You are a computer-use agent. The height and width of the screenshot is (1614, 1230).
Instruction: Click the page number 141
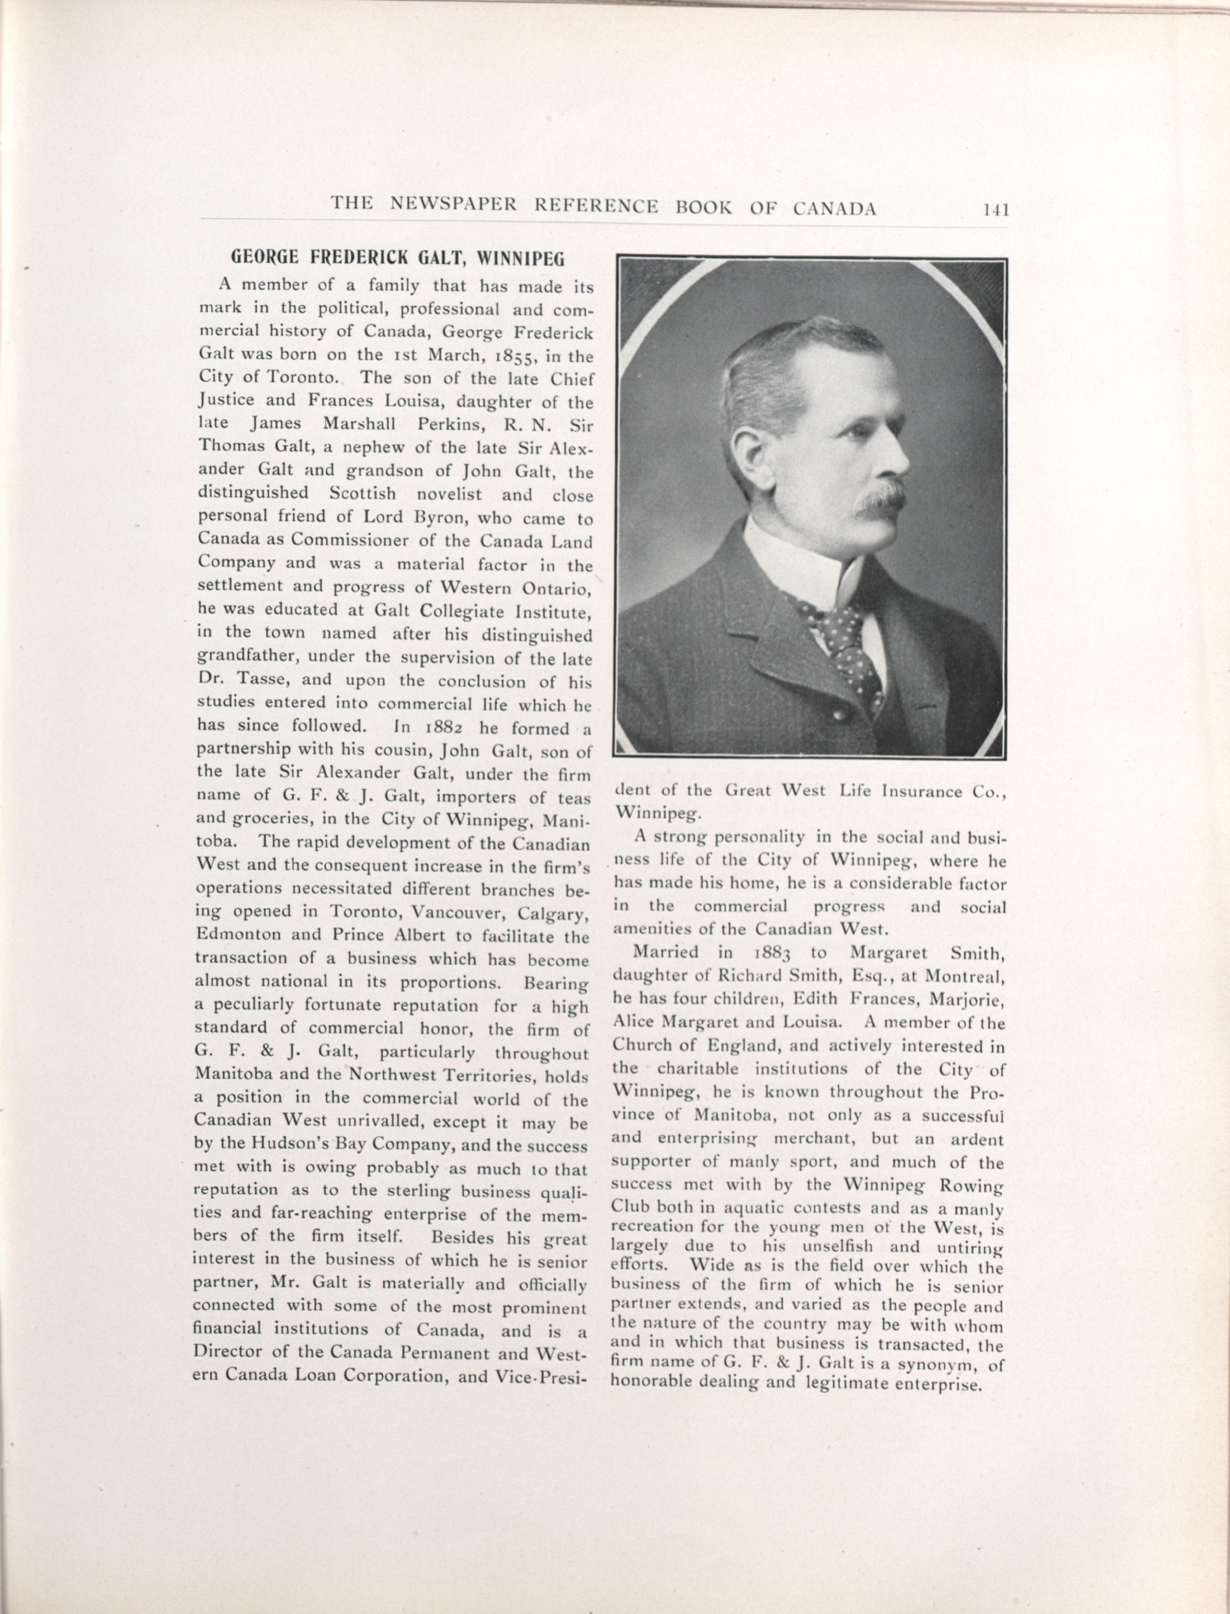tap(996, 210)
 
